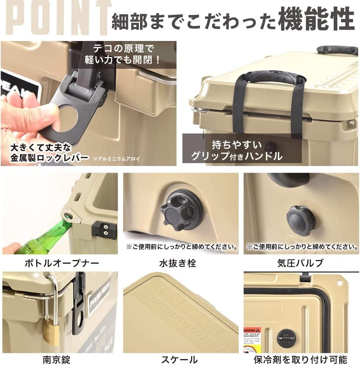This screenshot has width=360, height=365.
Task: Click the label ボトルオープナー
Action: coord(62,263)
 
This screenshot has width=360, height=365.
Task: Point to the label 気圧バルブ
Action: coord(301,263)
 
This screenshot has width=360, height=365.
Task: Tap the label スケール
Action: coord(180,359)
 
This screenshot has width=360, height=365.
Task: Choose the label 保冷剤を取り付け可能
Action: coord(301,359)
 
